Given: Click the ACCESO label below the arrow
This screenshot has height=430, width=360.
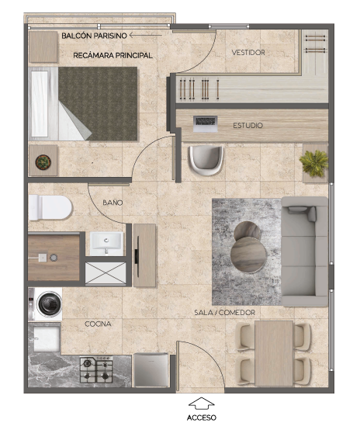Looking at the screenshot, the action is pos(202,418).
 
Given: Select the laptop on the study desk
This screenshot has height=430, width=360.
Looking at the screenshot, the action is pos(205,123).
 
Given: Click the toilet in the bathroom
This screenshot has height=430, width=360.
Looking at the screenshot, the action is pos(50,207).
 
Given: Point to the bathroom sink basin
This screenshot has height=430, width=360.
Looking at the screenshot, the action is pos(106,243).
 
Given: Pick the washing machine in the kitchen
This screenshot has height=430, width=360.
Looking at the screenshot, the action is pos(46,304).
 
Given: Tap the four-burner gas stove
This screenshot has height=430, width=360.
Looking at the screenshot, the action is pos(96,369).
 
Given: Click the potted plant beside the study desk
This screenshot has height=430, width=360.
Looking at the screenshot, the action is pos(314,163).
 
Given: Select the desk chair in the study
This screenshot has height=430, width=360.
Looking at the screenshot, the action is pos(206,161).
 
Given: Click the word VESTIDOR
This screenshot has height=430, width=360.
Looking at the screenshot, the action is pos(248,52).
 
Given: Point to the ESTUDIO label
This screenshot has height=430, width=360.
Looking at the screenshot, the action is pos(247,126).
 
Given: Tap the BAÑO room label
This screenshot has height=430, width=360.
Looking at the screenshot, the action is pos(112,203).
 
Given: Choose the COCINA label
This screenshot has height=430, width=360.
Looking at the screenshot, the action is pos(98,324).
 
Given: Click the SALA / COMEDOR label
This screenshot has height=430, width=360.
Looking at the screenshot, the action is pos(224,312).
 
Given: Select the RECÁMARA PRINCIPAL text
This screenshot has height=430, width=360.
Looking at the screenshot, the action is pos(112,55).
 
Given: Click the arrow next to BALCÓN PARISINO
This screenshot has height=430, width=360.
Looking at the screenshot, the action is pos(146,35).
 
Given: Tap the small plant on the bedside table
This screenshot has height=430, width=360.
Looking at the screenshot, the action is pos(43,161).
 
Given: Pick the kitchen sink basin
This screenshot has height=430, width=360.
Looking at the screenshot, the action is pos(46,338).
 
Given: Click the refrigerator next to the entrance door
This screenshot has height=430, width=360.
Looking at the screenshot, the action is pos(151,370).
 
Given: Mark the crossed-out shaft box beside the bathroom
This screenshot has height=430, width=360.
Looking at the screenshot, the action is pos(106,273).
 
